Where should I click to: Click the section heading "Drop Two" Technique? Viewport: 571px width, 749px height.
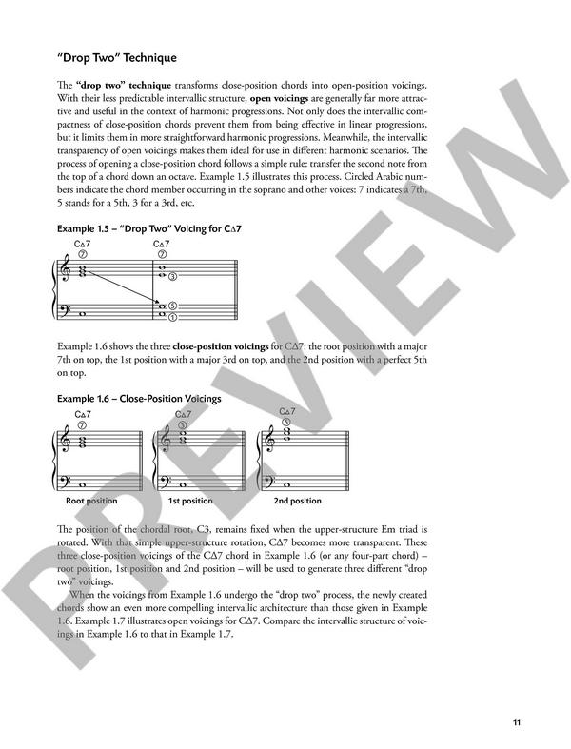pyautogui.click(x=116, y=58)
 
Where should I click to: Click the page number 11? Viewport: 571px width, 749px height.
pyautogui.click(x=515, y=722)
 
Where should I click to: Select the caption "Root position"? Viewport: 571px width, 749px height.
pyautogui.click(x=91, y=501)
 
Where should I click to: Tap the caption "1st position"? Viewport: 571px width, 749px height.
pyautogui.click(x=190, y=501)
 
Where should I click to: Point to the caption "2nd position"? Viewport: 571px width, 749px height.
pyautogui.click(x=297, y=501)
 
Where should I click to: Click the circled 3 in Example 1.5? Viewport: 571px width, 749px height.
pyautogui.click(x=172, y=276)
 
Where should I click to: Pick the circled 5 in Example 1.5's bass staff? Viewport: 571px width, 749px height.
pyautogui.click(x=172, y=306)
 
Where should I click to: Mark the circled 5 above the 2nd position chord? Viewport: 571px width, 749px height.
pyautogui.click(x=285, y=421)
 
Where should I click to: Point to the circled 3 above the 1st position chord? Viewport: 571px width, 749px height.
pyautogui.click(x=183, y=424)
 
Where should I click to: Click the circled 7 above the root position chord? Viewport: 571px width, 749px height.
pyautogui.click(x=82, y=424)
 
